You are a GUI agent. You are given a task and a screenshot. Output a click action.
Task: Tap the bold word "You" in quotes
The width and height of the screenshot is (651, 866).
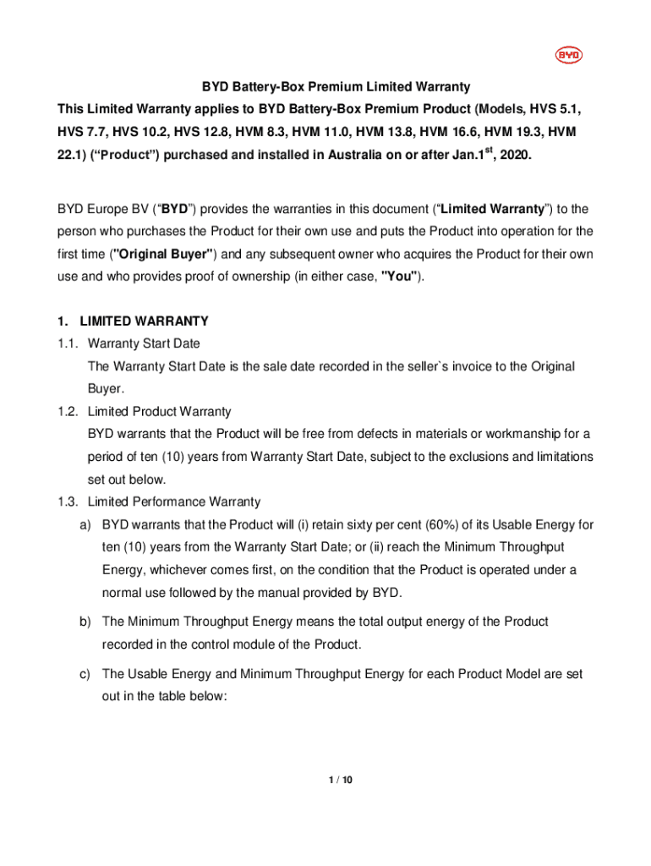pos(400,276)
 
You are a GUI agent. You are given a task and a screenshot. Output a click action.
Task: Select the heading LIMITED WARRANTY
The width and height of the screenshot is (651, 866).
pos(144,321)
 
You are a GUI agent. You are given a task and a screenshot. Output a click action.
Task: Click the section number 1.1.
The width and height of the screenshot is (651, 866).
pos(68,344)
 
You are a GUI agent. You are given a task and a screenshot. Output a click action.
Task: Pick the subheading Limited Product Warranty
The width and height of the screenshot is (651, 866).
pos(159,412)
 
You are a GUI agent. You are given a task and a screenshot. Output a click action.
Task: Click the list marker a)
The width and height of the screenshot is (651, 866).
pos(85,525)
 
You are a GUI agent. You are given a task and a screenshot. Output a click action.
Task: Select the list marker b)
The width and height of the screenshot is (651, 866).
pos(85,622)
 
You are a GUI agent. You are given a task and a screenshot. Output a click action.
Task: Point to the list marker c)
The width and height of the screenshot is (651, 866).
pos(85,674)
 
